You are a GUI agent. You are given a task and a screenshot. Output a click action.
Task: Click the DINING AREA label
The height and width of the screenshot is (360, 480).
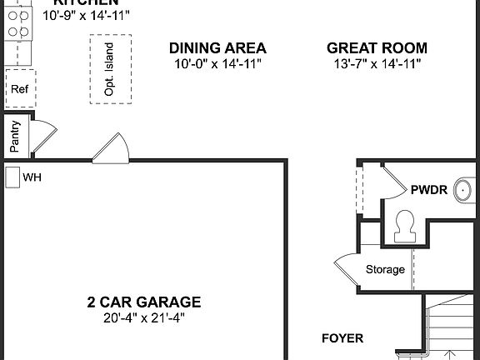(217, 48)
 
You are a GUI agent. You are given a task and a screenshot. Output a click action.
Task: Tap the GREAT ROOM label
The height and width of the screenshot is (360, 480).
(377, 48)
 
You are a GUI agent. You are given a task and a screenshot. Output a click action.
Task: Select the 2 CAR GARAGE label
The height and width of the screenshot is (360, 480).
(145, 302)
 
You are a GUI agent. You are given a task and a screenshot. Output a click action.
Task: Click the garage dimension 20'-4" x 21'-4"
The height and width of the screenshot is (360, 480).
(145, 317)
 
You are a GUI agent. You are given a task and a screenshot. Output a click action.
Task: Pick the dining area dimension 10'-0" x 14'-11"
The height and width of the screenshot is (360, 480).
(217, 63)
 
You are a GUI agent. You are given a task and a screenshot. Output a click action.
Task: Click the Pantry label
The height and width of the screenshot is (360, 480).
(14, 137)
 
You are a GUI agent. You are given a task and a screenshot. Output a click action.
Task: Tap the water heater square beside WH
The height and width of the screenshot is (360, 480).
(12, 177)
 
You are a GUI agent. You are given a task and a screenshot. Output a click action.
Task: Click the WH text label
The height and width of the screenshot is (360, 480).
(32, 177)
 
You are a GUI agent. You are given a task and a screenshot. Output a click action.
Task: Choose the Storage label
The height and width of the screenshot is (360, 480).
(385, 269)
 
